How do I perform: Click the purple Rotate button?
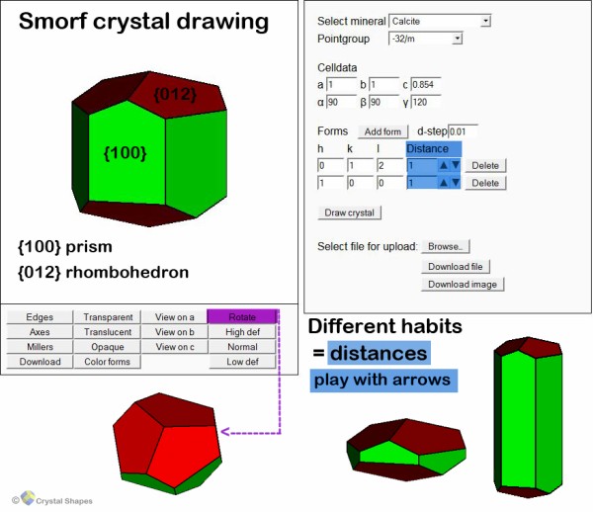pos(242,316)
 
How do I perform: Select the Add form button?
pos(382,131)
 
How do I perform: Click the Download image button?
pos(463,285)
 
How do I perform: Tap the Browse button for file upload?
pos(446,246)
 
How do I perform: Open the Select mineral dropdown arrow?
pos(486,21)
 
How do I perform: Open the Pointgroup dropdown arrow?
pos(458,39)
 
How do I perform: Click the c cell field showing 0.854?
pos(425,84)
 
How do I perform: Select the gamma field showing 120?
pos(425,102)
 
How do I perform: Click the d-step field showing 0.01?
pos(463,131)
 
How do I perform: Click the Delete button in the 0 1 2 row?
pos(485,166)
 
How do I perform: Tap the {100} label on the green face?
pos(125,153)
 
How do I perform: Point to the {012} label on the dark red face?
pos(175,95)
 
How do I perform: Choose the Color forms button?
pos(107,362)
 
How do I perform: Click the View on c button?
pos(174,347)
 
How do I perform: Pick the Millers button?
pos(40,347)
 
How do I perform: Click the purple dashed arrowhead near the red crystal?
pos(225,432)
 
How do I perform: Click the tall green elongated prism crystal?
pos(528,417)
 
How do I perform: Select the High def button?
pos(242,332)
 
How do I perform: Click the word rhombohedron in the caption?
pos(127,272)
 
